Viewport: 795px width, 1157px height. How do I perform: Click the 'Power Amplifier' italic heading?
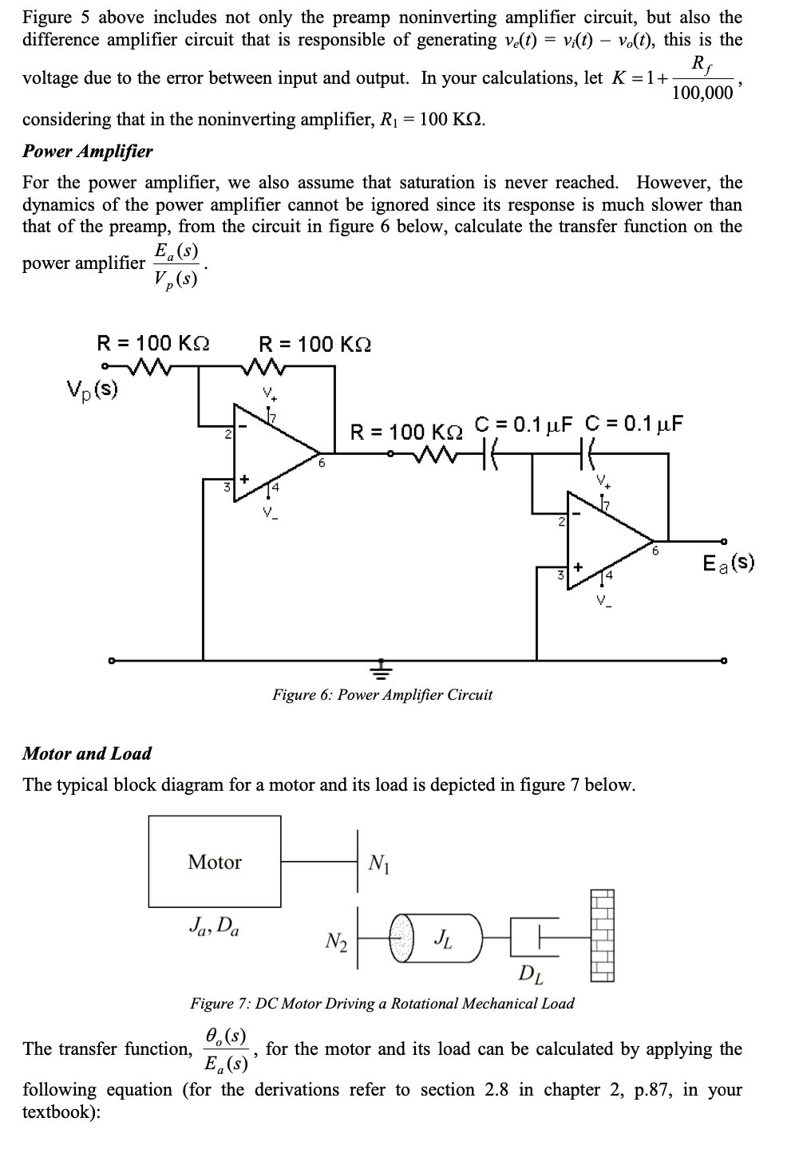(88, 151)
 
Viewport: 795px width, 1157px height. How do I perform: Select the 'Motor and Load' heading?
(87, 753)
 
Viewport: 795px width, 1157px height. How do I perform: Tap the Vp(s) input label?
(93, 390)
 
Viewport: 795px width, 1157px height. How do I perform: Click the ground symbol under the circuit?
(382, 667)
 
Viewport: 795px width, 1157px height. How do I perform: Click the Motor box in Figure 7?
(215, 861)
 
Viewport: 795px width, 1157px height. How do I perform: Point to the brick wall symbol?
(604, 935)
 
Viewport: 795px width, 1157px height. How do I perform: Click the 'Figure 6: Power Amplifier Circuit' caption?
(382, 694)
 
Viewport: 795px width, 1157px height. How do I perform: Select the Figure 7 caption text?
(382, 1003)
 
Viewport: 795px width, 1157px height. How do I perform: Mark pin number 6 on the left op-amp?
(322, 462)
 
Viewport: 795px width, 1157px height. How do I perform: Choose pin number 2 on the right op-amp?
(560, 522)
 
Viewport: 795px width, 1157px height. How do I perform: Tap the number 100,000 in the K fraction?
(702, 93)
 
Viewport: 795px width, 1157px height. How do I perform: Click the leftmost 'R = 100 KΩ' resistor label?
(153, 343)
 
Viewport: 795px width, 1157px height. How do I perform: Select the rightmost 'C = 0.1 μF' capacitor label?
(635, 423)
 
